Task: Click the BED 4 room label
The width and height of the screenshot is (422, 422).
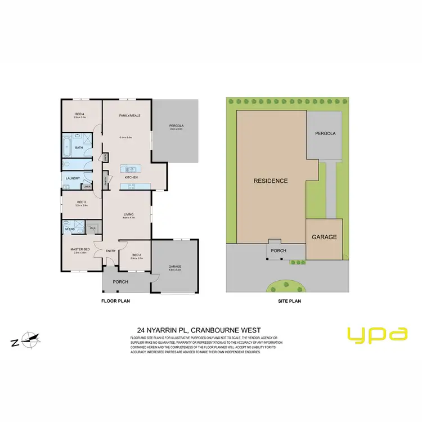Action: (x=79, y=114)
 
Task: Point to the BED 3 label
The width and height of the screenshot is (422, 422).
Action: (x=81, y=202)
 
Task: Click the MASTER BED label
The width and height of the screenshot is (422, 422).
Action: (x=79, y=249)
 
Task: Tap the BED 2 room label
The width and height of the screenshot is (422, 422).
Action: (x=137, y=255)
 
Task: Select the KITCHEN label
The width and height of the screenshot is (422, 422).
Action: (x=131, y=177)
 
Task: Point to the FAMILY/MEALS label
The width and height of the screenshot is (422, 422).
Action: (x=129, y=115)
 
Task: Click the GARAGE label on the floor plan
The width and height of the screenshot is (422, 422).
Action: (x=175, y=267)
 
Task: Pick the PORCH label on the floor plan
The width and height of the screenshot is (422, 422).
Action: (x=121, y=281)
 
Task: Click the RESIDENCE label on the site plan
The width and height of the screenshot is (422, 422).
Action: (x=271, y=181)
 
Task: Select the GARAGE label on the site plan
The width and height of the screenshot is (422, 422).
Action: (x=324, y=237)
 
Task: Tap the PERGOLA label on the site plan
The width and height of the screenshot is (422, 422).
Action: (x=325, y=134)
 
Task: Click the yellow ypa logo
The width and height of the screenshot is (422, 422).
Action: (x=377, y=334)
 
